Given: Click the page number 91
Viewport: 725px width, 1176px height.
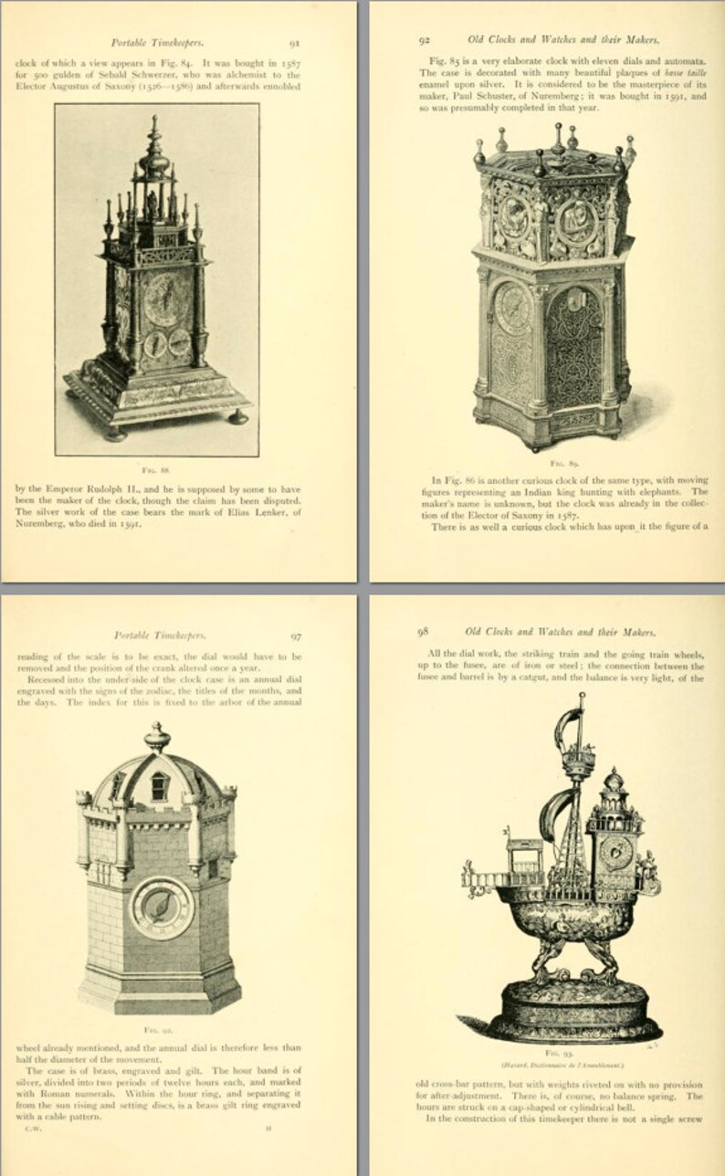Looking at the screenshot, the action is click(295, 42).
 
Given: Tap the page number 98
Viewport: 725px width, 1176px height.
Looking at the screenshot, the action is click(423, 631).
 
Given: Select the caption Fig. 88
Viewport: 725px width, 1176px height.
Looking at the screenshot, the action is click(156, 468).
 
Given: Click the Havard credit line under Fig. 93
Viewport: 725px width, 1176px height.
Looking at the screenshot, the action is click(562, 1065).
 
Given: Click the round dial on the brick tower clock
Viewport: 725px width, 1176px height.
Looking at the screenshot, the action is click(162, 907).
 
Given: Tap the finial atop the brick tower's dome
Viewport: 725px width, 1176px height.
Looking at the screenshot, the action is click(157, 736).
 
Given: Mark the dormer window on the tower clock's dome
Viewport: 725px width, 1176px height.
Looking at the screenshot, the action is click(160, 785).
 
